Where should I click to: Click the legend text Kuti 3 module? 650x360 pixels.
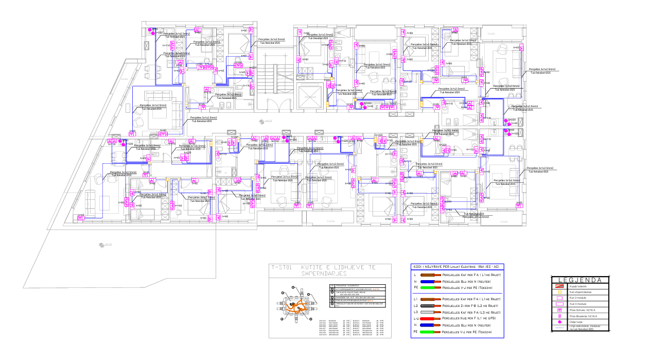point(577,298)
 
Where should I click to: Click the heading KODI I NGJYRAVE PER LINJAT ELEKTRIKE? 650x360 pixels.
point(455,267)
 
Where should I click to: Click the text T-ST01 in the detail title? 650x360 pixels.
point(282,267)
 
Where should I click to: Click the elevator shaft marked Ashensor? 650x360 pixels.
point(310,96)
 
